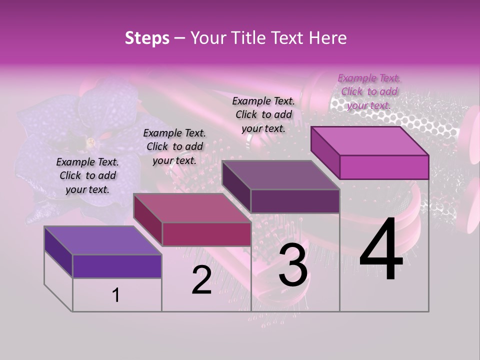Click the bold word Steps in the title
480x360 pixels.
click(x=147, y=38)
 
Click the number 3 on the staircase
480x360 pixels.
click(x=293, y=267)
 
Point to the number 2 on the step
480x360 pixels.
click(x=201, y=280)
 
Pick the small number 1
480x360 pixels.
click(x=116, y=295)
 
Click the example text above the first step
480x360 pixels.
click(x=88, y=175)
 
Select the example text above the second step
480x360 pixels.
click(x=174, y=146)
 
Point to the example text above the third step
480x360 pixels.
click(x=263, y=114)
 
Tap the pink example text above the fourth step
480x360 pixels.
click(x=369, y=91)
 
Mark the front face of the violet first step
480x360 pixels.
click(x=117, y=266)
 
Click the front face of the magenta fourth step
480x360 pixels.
click(x=384, y=167)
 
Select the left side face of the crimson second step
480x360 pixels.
click(x=148, y=220)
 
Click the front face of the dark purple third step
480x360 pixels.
click(x=295, y=201)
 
